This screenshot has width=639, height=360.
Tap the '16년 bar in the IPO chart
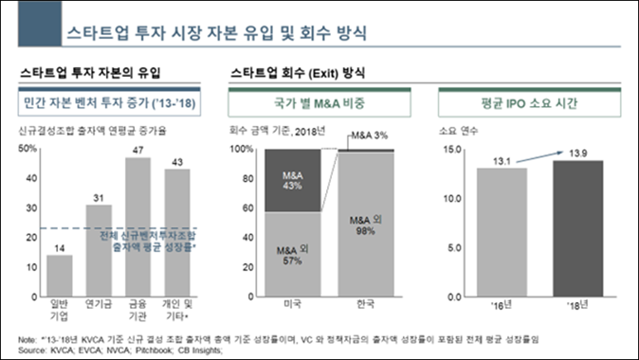502,232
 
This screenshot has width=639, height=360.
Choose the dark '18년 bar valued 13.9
578,228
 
